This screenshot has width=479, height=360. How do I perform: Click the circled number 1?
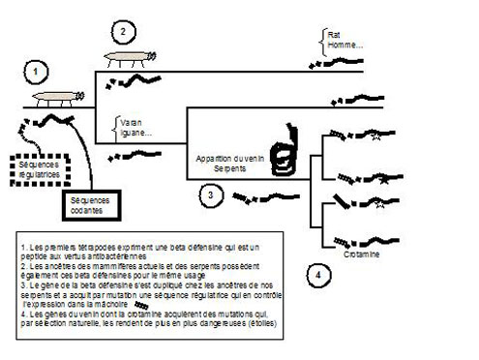pyautogui.click(x=37, y=71)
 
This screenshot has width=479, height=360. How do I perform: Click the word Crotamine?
pyautogui.click(x=359, y=255)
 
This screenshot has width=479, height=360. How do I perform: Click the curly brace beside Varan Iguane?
pyautogui.click(x=115, y=128)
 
